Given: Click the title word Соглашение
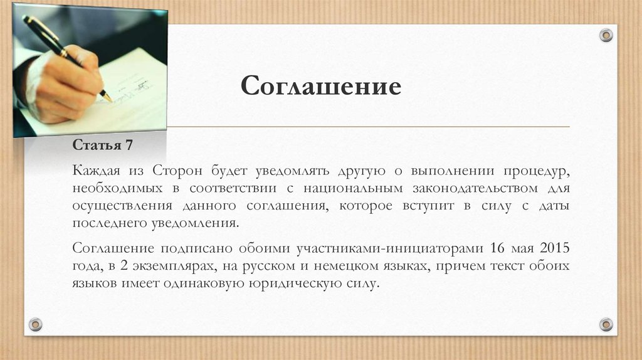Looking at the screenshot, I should [x=321, y=86].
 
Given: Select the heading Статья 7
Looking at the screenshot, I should [x=103, y=146].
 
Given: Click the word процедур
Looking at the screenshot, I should [x=535, y=171].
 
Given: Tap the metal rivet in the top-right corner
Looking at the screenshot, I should [x=606, y=35].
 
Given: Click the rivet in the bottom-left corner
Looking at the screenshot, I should [x=36, y=324].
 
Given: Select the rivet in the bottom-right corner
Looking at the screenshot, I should [x=606, y=324].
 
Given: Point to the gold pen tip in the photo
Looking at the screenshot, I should [x=108, y=98].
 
